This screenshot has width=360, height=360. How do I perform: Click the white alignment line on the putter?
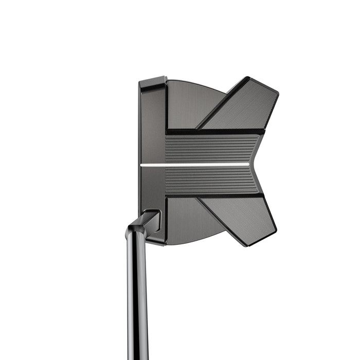(195, 165)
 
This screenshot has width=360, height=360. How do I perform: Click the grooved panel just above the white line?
(211, 149)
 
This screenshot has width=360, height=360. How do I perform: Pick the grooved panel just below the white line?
(211, 180)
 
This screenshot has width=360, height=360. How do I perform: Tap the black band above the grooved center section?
(216, 132)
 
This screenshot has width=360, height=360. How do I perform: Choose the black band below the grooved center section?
(216, 196)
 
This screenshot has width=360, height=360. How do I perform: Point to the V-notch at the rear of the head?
(251, 165)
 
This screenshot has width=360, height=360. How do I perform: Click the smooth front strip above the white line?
(153, 129)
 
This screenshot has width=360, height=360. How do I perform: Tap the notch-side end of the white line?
(248, 165)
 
